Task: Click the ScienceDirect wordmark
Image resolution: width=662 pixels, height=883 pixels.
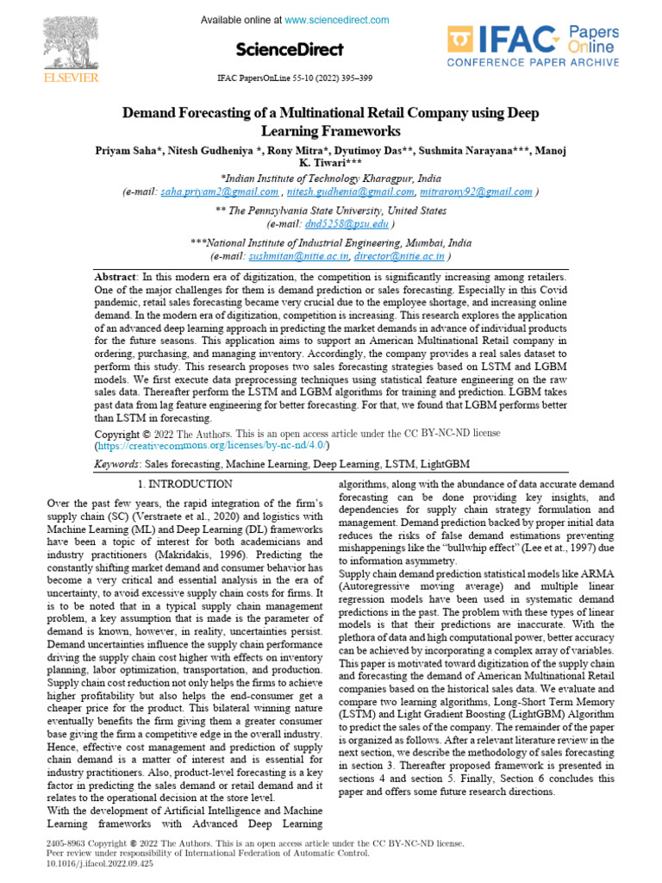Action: point(288,49)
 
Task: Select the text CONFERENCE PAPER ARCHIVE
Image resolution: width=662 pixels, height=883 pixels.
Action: point(532,62)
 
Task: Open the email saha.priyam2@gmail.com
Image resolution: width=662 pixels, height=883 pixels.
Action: point(220,192)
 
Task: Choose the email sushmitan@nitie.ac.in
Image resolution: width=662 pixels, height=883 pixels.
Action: point(298,256)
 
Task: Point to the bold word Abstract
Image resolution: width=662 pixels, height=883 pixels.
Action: point(116,276)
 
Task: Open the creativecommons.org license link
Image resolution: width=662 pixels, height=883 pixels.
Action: point(210,445)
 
